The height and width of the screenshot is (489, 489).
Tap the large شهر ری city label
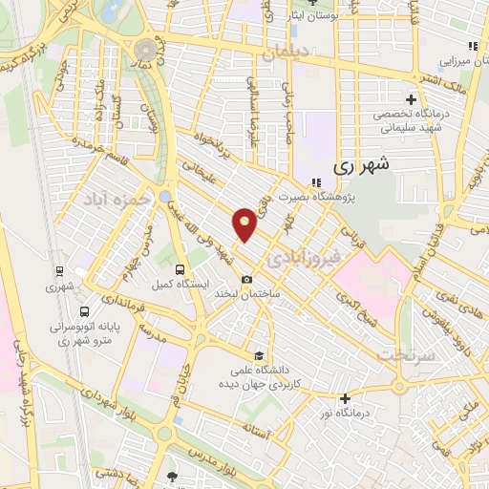pyautogui.click(x=362, y=165)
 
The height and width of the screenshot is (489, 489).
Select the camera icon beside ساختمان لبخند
pyautogui.click(x=247, y=280)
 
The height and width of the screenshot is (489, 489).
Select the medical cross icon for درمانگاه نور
pyautogui.click(x=344, y=398)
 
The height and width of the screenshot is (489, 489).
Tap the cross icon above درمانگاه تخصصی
pyautogui.click(x=411, y=98)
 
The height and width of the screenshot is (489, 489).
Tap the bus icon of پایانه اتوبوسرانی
pyautogui.click(x=85, y=311)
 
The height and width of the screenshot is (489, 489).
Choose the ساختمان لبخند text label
pyautogui.click(x=275, y=295)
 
